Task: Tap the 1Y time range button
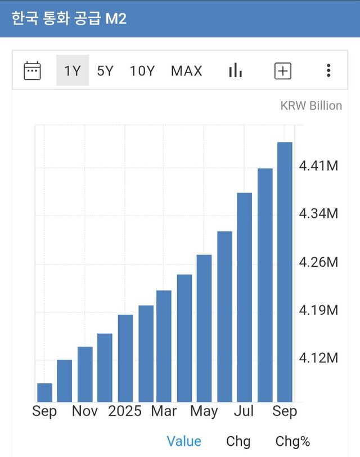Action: pos(73,70)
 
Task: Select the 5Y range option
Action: pos(105,71)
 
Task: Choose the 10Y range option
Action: pos(142,71)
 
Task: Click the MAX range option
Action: pos(187,71)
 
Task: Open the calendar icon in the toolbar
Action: pos(32,70)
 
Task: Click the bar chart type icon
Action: pos(235,70)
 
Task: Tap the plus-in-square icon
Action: pos(282,71)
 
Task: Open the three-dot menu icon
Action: pos(328,70)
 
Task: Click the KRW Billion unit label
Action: pos(311,105)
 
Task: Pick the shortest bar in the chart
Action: pos(44,392)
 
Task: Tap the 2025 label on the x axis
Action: pos(125,411)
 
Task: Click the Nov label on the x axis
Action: pos(85,411)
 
